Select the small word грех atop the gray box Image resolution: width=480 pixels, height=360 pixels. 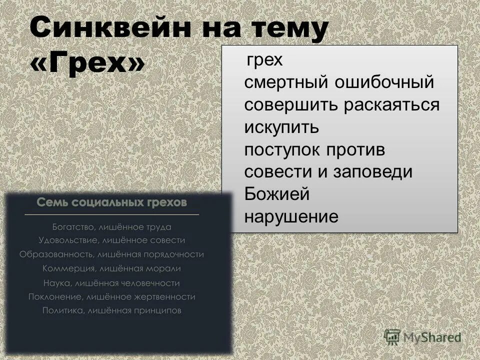[x=264, y=61]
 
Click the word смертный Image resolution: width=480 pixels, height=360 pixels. [x=284, y=83]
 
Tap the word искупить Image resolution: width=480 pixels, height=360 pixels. [x=281, y=127]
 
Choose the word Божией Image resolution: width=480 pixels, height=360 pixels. [x=276, y=194]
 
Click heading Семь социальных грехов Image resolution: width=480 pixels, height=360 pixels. [x=111, y=203]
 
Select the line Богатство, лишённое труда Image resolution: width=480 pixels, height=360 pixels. [x=111, y=227]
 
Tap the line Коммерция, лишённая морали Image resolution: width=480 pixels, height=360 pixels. [x=111, y=268]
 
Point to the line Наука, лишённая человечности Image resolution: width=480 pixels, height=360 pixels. [x=111, y=283]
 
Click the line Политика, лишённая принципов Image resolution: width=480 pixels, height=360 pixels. [x=111, y=310]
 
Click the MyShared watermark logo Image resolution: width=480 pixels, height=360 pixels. [x=422, y=337]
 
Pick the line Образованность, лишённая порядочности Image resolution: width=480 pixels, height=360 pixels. [x=111, y=254]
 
